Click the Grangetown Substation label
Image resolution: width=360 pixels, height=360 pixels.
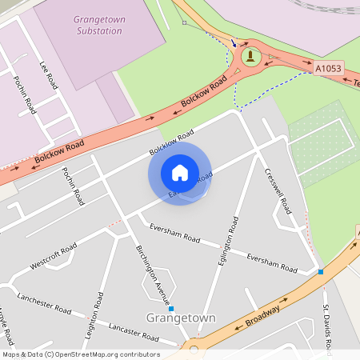(98, 24)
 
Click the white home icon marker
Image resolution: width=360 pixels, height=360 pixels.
(180, 172)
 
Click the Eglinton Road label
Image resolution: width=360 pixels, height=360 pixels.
(233, 235)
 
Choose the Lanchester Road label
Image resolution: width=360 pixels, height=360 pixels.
(44, 302)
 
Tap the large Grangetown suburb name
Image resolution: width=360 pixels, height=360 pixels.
(181, 318)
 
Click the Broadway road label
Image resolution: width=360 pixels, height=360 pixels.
(263, 313)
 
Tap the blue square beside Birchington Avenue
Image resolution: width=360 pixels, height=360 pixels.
(171, 308)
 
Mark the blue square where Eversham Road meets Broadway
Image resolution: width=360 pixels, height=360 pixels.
(321, 272)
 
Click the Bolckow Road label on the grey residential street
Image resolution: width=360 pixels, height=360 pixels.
(172, 142)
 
